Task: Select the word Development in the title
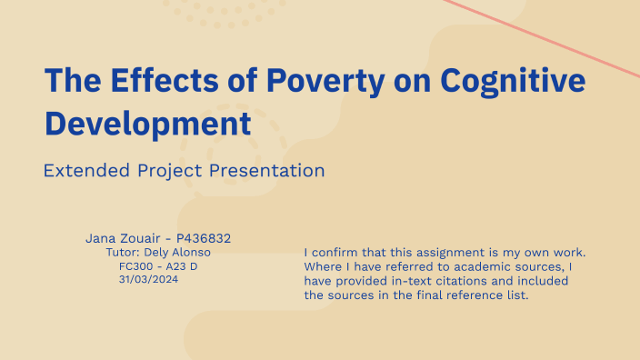[x=147, y=122]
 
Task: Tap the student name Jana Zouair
[x=124, y=238]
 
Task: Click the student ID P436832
[x=202, y=238]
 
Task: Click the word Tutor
[x=123, y=252]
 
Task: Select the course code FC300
[x=137, y=265]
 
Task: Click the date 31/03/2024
[x=148, y=279]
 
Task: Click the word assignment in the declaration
[x=450, y=252]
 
